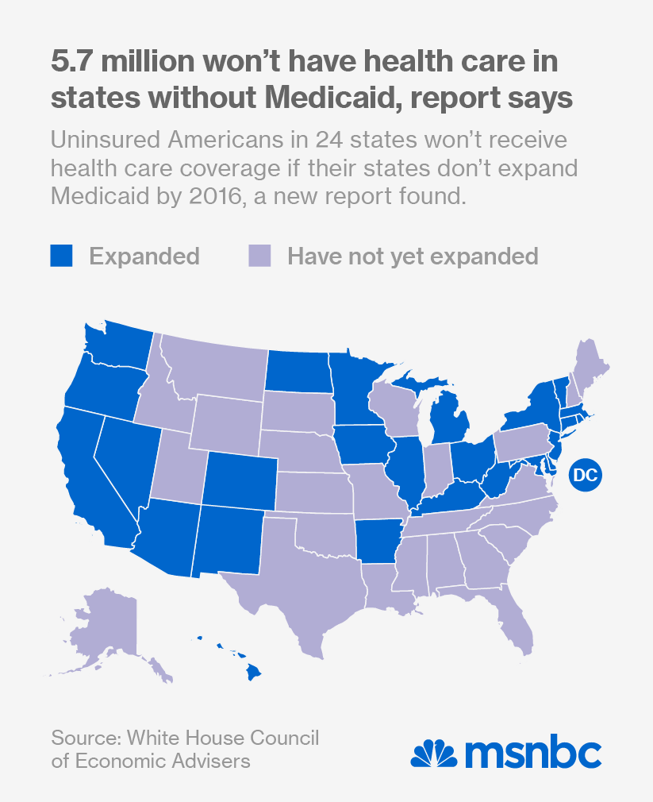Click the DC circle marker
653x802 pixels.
(585, 475)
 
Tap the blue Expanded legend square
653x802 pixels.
(61, 256)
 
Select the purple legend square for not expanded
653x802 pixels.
(259, 256)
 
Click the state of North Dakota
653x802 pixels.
(298, 370)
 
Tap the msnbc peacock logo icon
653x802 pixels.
(434, 751)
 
